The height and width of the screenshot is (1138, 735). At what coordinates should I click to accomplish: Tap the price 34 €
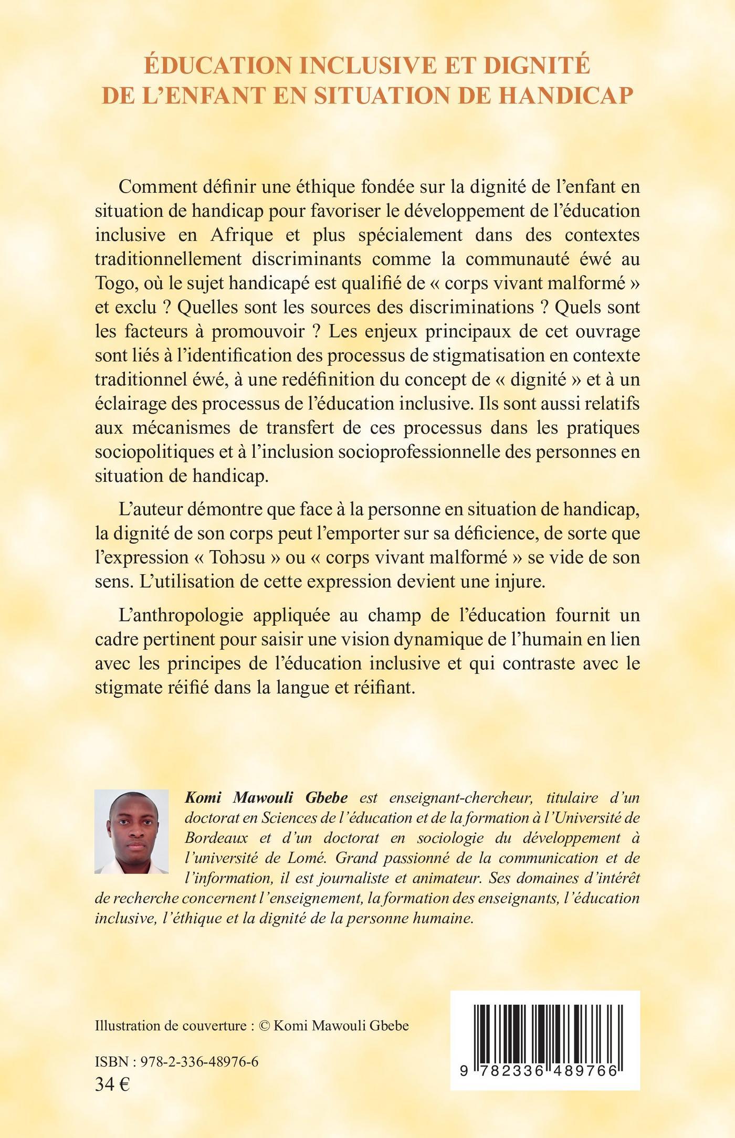[x=112, y=1084]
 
